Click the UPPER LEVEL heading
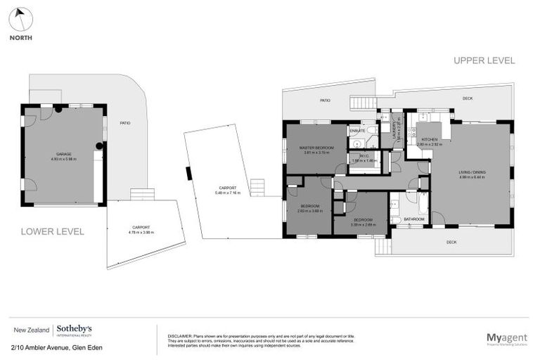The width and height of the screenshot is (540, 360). pos(484,61)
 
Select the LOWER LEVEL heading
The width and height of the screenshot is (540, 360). pos(52,231)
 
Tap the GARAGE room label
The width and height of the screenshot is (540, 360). pos(63,154)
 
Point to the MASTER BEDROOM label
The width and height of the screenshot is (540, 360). pos(316,148)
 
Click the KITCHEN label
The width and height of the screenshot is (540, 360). pos(430,140)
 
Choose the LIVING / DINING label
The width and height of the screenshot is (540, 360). pos(472,172)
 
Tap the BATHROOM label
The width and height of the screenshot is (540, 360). pos(413,219)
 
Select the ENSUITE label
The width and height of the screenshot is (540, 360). pos(357,131)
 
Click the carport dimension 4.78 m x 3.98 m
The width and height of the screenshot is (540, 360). pos(141,233)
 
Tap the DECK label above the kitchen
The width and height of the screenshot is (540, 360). pos(467,98)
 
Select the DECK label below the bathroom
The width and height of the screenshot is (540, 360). pos(451,242)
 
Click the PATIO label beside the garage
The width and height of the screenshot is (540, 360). pos(124,123)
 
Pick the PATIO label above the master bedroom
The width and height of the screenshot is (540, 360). pos(325,101)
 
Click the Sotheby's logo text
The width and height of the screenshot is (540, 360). pos(74,329)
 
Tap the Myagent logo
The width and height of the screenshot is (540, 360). pos(506,338)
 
